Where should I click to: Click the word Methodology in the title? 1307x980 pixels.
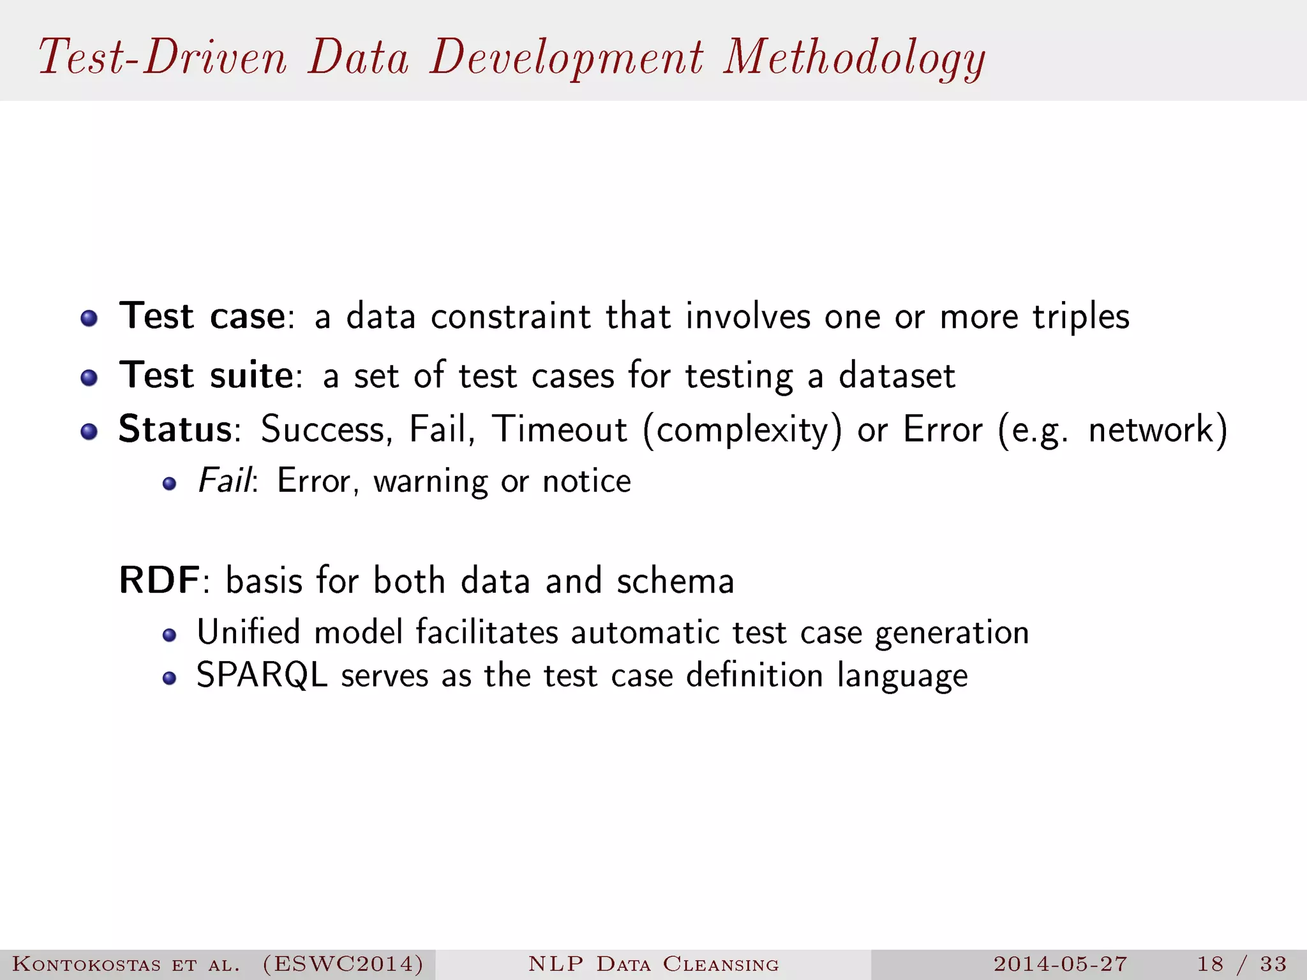pyautogui.click(x=854, y=59)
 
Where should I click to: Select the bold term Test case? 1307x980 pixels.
pyautogui.click(x=202, y=316)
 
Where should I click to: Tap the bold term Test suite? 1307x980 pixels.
pyautogui.click(x=206, y=375)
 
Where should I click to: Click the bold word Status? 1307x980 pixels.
pyautogui.click(x=176, y=429)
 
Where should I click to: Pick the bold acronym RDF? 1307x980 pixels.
pyautogui.click(x=160, y=581)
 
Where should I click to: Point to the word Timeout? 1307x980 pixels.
pyautogui.click(x=559, y=429)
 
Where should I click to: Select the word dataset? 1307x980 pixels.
pyautogui.click(x=897, y=375)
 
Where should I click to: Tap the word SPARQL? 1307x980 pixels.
pyautogui.click(x=262, y=675)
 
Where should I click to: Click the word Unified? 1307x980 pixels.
pyautogui.click(x=248, y=632)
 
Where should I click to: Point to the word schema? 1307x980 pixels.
pyautogui.click(x=675, y=581)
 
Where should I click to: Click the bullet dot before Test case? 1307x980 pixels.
pyautogui.click(x=89, y=318)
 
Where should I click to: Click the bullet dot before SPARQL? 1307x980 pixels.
pyautogui.click(x=169, y=678)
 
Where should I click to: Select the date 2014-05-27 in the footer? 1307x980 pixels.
pyautogui.click(x=1060, y=964)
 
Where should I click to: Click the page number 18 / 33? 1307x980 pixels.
pyautogui.click(x=1241, y=964)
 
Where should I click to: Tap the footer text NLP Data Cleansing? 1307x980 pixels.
pyautogui.click(x=653, y=964)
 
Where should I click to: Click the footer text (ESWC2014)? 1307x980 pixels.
pyautogui.click(x=343, y=964)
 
